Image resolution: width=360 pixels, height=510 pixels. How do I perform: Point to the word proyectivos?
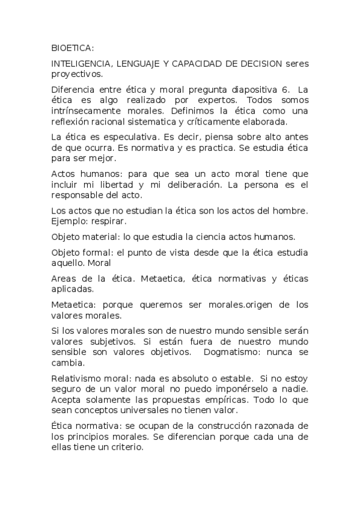(x=76, y=75)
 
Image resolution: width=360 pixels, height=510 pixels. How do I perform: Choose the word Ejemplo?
(x=70, y=221)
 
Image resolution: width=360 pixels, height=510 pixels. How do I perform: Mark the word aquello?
(x=70, y=263)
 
